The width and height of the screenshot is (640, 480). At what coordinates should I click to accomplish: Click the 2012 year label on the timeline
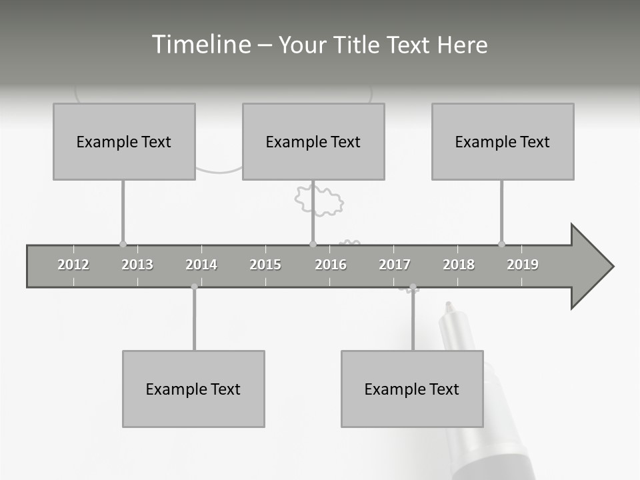click(x=73, y=265)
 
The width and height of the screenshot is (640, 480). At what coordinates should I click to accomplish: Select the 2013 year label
click(x=137, y=265)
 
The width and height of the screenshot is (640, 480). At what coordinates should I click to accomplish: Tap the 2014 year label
click(x=201, y=265)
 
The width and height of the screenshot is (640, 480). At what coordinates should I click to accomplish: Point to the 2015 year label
click(x=265, y=265)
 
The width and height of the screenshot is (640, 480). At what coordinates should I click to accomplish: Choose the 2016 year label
click(x=331, y=265)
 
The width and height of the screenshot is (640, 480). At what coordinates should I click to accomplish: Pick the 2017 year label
click(x=395, y=265)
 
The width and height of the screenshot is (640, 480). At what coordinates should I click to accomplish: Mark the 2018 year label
click(x=459, y=265)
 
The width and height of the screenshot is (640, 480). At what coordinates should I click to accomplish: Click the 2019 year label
click(x=523, y=265)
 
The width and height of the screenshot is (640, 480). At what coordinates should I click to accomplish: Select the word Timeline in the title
click(x=199, y=45)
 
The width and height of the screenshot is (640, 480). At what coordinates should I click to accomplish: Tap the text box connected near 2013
click(x=124, y=141)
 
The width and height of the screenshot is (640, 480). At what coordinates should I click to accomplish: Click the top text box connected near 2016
click(x=313, y=141)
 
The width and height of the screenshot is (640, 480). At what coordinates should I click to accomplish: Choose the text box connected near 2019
click(x=503, y=141)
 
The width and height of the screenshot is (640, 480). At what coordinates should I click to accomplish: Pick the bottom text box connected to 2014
click(x=193, y=389)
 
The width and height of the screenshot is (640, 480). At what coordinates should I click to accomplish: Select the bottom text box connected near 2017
click(x=412, y=389)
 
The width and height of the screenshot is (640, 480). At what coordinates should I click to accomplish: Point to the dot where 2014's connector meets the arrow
click(x=194, y=287)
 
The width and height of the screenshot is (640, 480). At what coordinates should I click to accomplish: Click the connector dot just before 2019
click(x=501, y=244)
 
